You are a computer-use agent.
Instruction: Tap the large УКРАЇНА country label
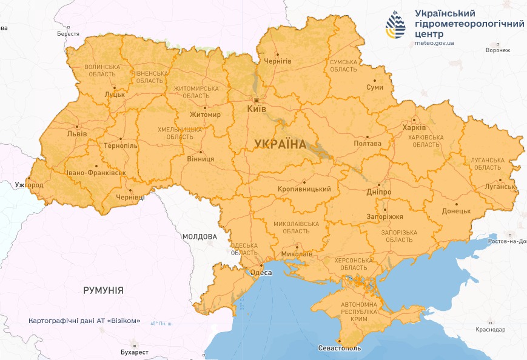tap(280, 144)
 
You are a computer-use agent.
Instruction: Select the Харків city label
tap(414, 128)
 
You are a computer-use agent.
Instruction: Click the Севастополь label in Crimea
tap(339, 348)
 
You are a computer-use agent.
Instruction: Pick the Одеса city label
tap(261, 273)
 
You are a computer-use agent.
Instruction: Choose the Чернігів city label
tap(278, 62)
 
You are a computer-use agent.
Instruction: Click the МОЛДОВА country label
tap(200, 236)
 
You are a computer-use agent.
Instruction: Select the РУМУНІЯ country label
tap(103, 290)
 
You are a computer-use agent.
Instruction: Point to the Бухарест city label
tap(135, 352)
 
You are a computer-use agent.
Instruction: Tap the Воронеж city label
tap(498, 50)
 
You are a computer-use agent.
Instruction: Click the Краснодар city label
tap(491, 329)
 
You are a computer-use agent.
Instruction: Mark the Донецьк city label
tap(457, 211)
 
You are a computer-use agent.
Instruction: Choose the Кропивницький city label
tap(304, 189)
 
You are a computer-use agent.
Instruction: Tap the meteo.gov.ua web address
tap(434, 43)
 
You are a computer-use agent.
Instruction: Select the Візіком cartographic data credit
tap(85, 320)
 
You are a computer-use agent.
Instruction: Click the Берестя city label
tap(68, 33)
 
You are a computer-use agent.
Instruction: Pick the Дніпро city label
tap(378, 192)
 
